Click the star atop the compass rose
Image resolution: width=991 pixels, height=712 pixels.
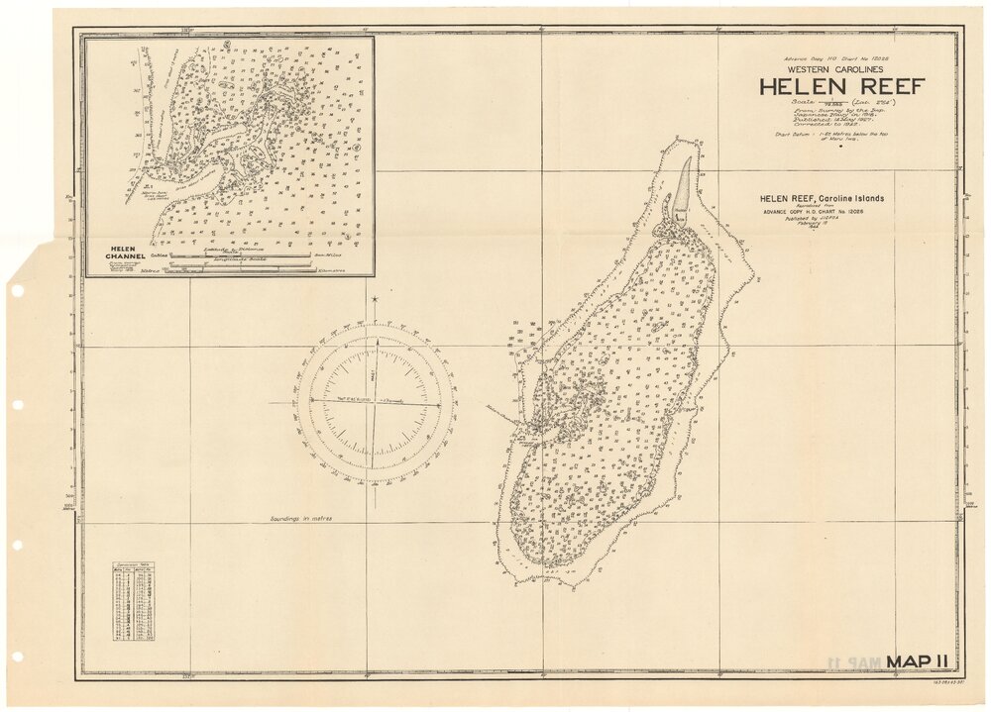click(x=375, y=299)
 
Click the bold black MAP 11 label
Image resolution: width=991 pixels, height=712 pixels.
click(x=919, y=661)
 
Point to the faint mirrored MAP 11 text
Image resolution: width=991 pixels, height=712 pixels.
click(x=849, y=661)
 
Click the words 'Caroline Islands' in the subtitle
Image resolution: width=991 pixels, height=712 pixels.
click(x=848, y=198)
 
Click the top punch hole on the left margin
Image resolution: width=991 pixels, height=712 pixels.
click(x=16, y=291)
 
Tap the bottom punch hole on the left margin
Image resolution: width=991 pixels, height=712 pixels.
click(x=16, y=657)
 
